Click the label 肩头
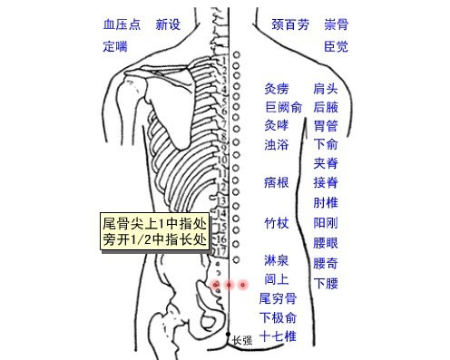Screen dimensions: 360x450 325,88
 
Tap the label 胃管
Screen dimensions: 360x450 325,125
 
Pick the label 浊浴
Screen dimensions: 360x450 277,144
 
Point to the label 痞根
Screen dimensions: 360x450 277,183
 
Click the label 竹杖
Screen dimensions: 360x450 277,221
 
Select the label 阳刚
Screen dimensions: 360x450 325,221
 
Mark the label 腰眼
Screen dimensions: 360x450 325,242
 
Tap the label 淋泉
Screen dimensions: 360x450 277,260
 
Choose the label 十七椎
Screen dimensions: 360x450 278,336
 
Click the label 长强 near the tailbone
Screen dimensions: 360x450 242,341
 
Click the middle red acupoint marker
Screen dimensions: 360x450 230,285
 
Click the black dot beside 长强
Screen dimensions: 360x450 228,335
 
